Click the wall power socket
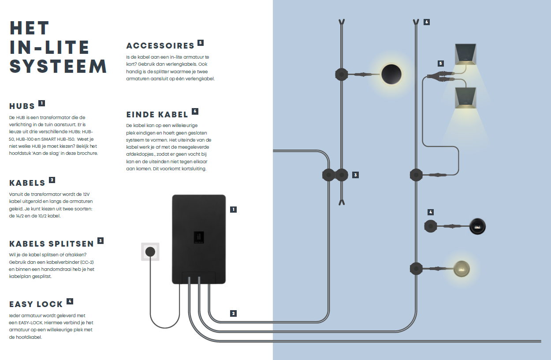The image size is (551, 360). click(150, 252)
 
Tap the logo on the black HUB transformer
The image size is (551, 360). click(198, 237)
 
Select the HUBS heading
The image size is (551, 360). click(22, 106)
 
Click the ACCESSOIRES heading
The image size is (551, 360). click(160, 46)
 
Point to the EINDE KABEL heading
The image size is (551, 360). click(157, 115)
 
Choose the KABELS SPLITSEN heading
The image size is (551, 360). click(51, 244)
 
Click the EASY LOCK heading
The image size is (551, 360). click(36, 304)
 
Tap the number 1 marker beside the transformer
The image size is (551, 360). click(234, 210)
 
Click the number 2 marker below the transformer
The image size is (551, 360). click(234, 314)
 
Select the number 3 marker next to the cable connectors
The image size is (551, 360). click(356, 175)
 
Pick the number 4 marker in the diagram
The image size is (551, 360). click(431, 212)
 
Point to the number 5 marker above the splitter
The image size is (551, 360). click(440, 64)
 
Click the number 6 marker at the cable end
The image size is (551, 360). click(426, 22)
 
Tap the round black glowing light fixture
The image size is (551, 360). click(391, 74)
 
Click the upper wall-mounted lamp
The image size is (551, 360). click(466, 53)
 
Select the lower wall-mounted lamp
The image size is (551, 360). click(466, 97)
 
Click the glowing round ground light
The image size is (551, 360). click(461, 268)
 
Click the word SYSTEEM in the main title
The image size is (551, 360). click(58, 66)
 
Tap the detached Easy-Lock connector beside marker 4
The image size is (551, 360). click(430, 226)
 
